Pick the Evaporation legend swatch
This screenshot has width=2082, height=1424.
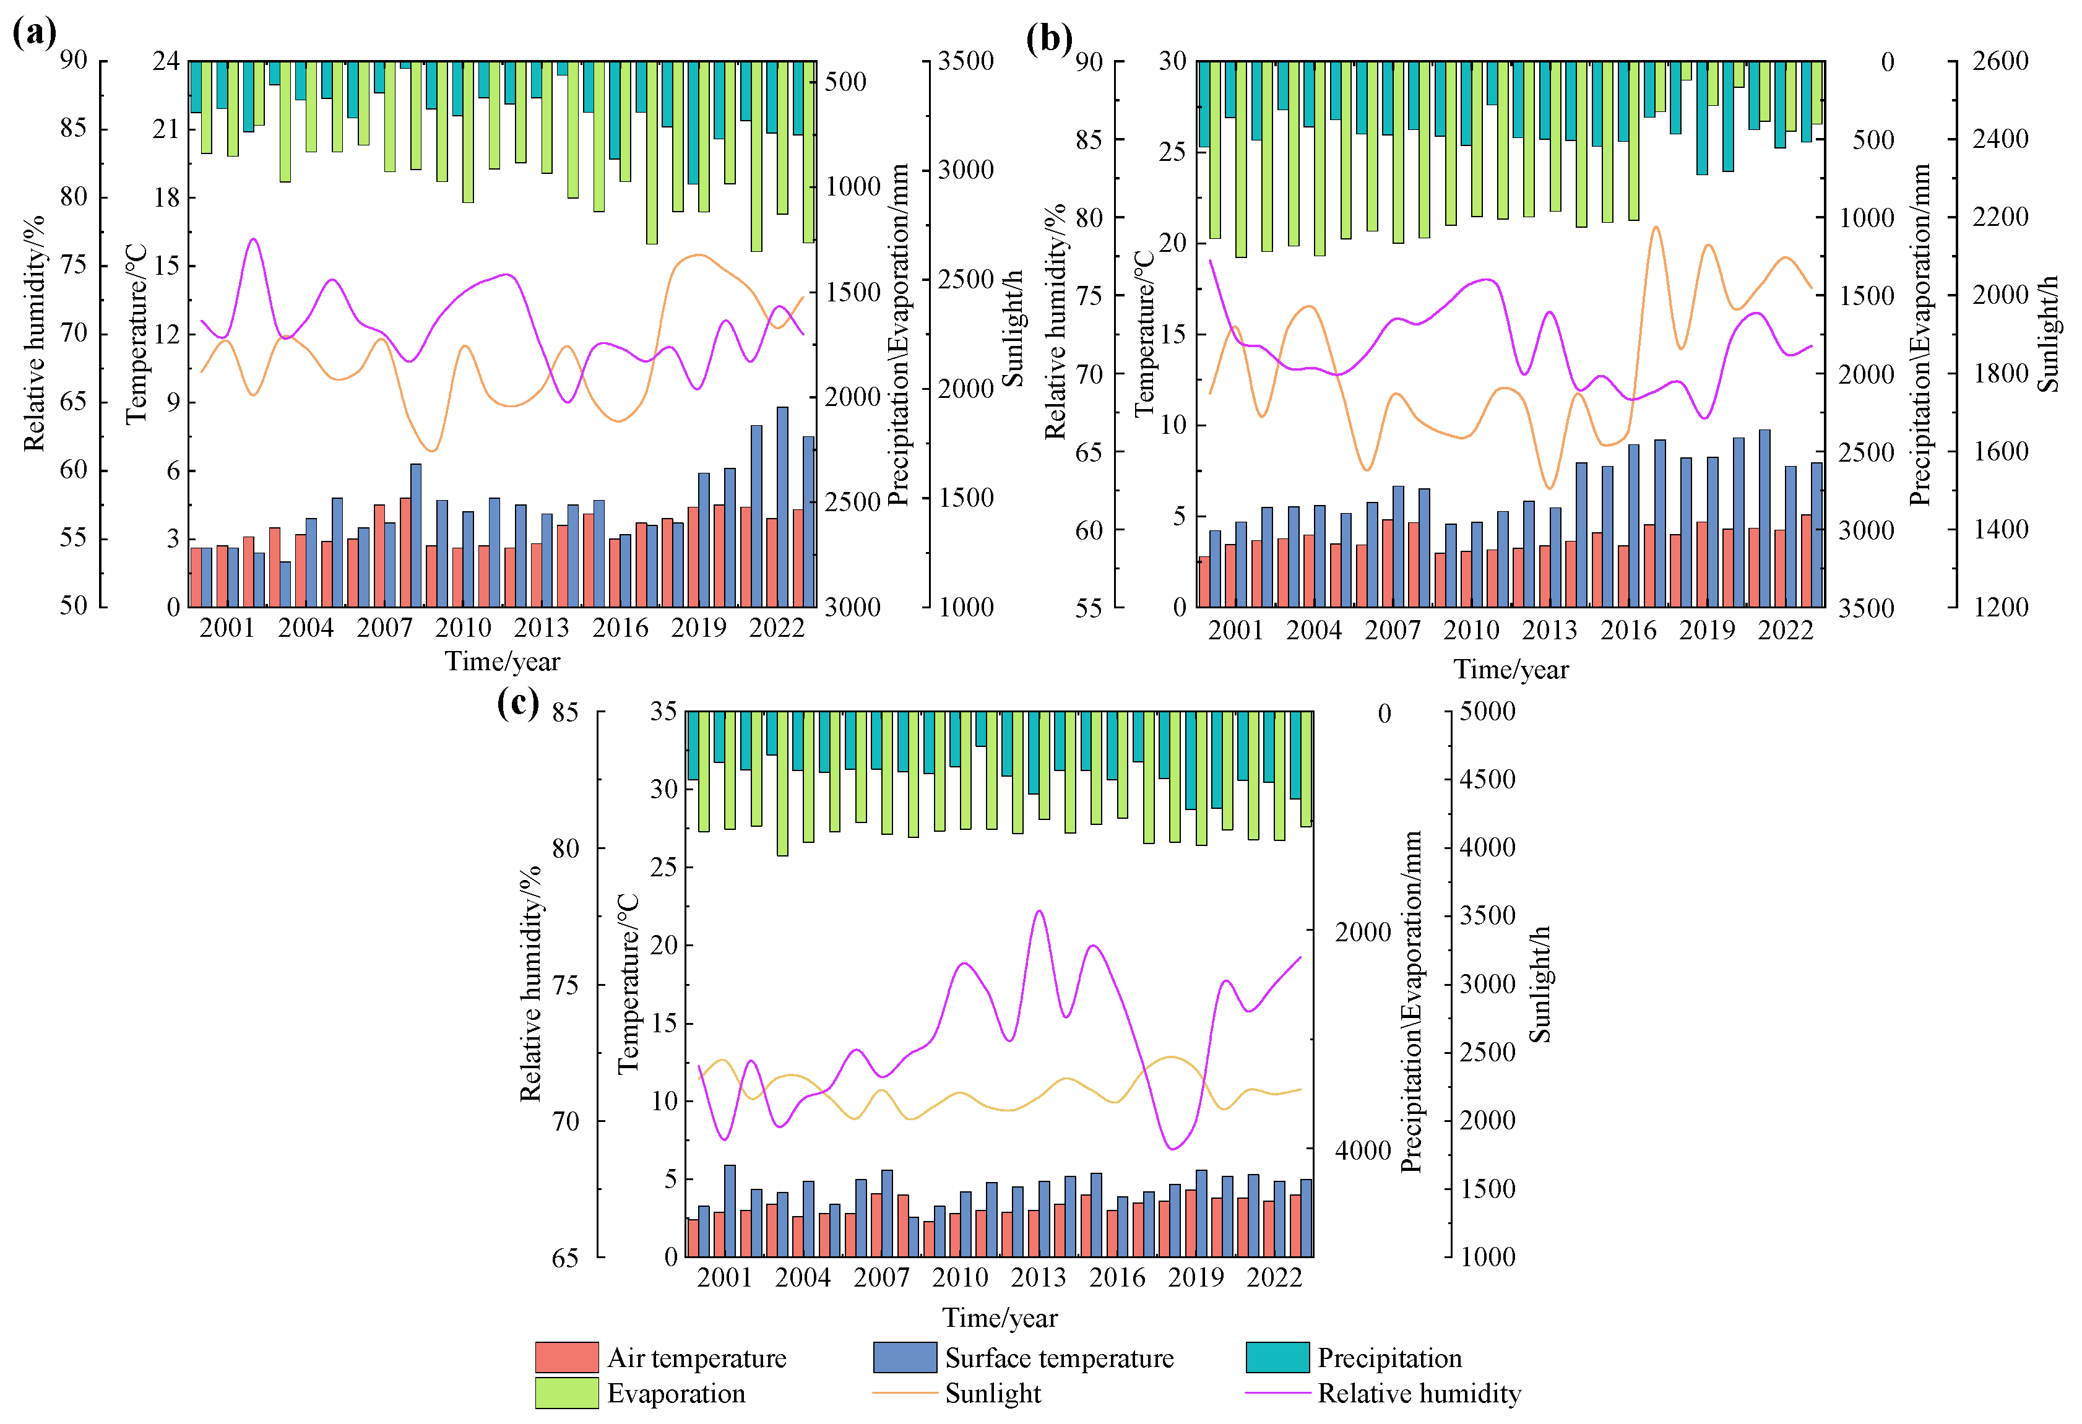point(566,1392)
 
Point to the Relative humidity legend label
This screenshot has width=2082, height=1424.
point(1419,1394)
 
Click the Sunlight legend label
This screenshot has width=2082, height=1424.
point(993,1394)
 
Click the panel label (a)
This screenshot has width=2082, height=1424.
point(34,33)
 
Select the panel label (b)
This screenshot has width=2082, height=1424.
point(1049,38)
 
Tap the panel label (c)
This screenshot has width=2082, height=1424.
point(519,702)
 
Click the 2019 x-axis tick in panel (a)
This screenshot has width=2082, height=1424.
point(698,628)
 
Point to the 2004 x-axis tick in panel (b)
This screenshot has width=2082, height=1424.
point(1313,631)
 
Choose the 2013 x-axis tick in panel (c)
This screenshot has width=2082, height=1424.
point(1039,1277)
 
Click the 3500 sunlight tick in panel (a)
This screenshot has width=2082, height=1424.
point(965,61)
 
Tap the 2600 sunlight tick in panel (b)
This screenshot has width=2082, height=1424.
point(2000,61)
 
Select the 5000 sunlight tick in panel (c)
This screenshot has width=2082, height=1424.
point(1487,711)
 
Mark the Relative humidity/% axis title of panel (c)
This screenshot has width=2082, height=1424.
point(531,983)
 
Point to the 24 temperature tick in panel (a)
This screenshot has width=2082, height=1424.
point(166,61)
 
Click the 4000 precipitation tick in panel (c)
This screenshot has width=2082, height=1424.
point(1363,1150)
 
